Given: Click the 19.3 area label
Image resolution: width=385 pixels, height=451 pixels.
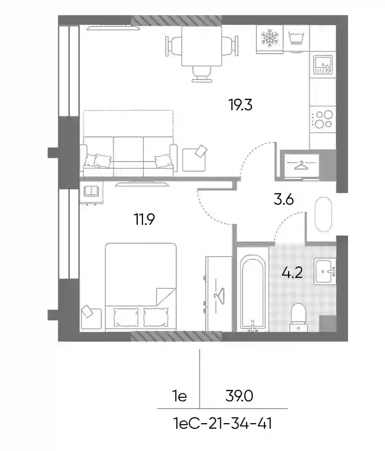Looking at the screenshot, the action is pyautogui.click(x=241, y=105).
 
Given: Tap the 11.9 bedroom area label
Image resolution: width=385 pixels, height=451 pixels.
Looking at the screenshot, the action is pyautogui.click(x=144, y=219).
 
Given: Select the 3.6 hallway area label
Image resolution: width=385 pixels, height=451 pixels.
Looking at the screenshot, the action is pyautogui.click(x=284, y=199).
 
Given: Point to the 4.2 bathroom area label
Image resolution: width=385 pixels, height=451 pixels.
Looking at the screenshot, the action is pyautogui.click(x=292, y=272).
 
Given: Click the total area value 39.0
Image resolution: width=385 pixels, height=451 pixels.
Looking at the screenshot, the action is pyautogui.click(x=239, y=396).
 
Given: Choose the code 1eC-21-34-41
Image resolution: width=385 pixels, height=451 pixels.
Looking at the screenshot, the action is pyautogui.click(x=222, y=423).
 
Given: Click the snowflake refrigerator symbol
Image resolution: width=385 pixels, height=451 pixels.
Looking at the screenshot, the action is pyautogui.click(x=269, y=37).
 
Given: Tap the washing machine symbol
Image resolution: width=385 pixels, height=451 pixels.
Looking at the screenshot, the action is pyautogui.click(x=296, y=38).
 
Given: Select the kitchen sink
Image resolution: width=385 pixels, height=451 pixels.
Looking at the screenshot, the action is pyautogui.click(x=323, y=64).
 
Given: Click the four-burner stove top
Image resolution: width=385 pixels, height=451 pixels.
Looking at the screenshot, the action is pyautogui.click(x=323, y=119).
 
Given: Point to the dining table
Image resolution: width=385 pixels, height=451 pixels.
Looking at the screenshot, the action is pyautogui.click(x=202, y=46).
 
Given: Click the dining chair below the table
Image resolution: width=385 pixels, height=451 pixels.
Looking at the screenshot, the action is pyautogui.click(x=202, y=74).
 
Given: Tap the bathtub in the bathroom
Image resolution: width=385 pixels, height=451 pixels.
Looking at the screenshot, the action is pyautogui.click(x=253, y=293).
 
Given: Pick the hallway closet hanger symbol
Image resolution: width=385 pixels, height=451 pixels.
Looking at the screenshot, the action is pyautogui.click(x=300, y=165).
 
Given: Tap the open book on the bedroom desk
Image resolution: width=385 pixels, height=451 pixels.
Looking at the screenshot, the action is pyautogui.click(x=91, y=191).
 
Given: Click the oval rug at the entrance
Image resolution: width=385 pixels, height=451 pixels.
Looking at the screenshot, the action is pyautogui.click(x=324, y=214).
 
